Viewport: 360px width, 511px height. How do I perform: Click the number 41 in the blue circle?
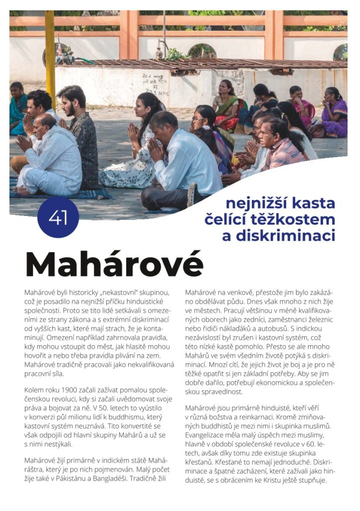click(58, 218)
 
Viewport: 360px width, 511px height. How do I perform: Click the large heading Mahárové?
click(114, 265)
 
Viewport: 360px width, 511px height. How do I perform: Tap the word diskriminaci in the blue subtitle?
click(279, 236)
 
